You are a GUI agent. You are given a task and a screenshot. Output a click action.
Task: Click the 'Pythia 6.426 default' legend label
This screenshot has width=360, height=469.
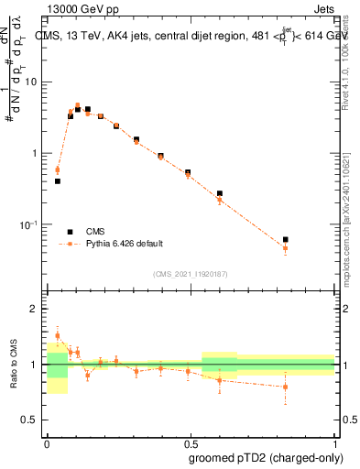click(x=125, y=244)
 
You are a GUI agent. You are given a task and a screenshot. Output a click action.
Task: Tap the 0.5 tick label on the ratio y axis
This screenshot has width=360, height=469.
click(x=33, y=422)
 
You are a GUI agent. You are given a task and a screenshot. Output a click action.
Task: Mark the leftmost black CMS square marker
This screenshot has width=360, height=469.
click(x=58, y=181)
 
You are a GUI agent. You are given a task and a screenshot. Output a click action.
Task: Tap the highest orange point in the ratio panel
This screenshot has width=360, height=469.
click(x=58, y=335)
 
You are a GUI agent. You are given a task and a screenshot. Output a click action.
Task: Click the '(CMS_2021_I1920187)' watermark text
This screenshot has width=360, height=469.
click(x=191, y=274)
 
